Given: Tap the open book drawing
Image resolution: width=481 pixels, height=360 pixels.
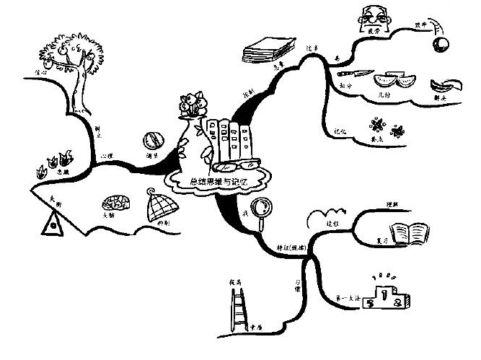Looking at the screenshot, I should [x=413, y=234].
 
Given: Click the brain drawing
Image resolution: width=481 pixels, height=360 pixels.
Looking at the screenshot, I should [x=116, y=204].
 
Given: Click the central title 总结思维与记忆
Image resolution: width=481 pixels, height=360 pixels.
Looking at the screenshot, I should [x=218, y=183].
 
